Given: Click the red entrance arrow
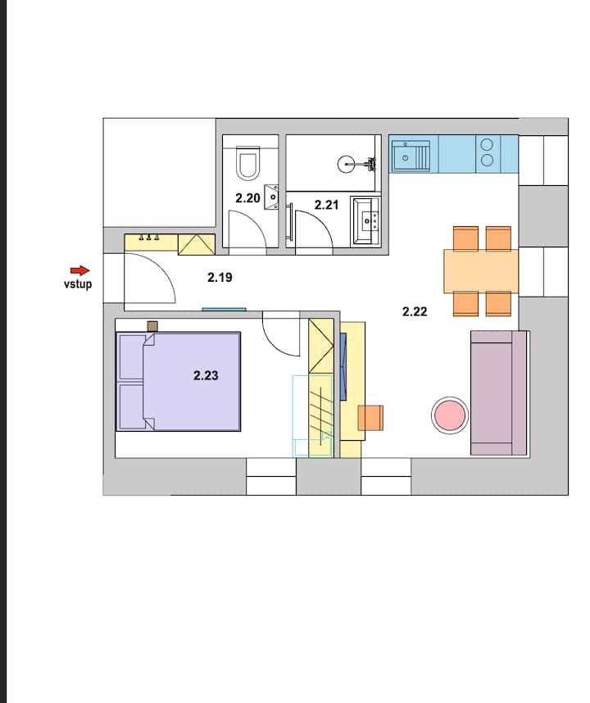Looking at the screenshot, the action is [79, 270].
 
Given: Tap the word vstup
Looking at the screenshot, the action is [78, 284].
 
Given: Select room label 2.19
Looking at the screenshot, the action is [220, 278].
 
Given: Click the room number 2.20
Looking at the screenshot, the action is [248, 198].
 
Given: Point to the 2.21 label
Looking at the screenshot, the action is [326, 205].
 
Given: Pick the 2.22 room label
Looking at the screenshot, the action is [415, 311].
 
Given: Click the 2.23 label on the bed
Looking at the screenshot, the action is [206, 375].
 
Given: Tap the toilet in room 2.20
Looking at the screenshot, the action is [248, 163].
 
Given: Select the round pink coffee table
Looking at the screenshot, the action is [450, 415].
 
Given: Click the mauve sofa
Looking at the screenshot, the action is [498, 392].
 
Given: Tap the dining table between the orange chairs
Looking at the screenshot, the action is [481, 271].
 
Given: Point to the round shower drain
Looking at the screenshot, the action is [346, 164].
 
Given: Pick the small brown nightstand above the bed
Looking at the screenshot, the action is [152, 326].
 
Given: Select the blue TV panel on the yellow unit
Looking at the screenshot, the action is [343, 366].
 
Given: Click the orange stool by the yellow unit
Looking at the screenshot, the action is [370, 417].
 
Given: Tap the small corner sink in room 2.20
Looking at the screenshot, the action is [271, 197].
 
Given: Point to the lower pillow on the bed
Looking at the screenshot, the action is [132, 406].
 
